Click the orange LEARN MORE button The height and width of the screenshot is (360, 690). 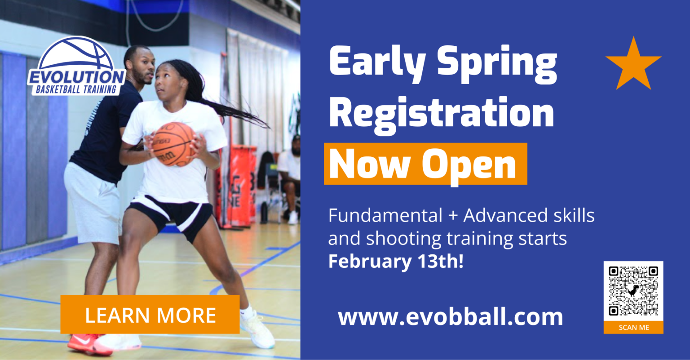click(150, 315)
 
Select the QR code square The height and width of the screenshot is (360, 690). click(633, 291)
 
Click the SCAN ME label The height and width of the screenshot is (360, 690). click(633, 328)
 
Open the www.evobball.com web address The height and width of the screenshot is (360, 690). click(450, 317)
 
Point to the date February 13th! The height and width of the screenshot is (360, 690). click(396, 262)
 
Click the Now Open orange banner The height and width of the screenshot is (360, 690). click(425, 164)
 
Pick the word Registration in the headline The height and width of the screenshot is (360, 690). click(441, 113)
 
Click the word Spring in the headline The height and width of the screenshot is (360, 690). click(497, 63)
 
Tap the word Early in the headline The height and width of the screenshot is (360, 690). click(377, 62)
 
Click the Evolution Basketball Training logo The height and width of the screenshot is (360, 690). click(77, 67)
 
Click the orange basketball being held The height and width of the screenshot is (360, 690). click(173, 144)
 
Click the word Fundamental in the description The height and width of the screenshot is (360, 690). click(385, 216)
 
